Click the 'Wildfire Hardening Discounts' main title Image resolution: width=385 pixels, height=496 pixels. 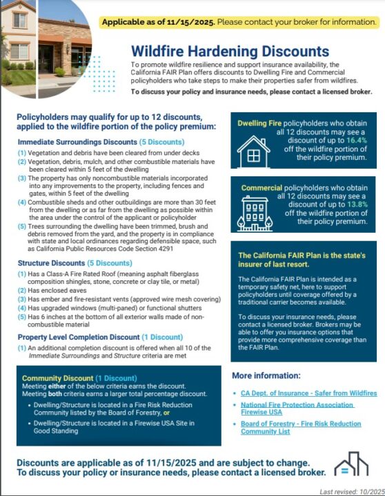230,51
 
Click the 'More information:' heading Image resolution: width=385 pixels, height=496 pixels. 268,376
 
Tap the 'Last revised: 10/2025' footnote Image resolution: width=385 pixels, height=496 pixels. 349,491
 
